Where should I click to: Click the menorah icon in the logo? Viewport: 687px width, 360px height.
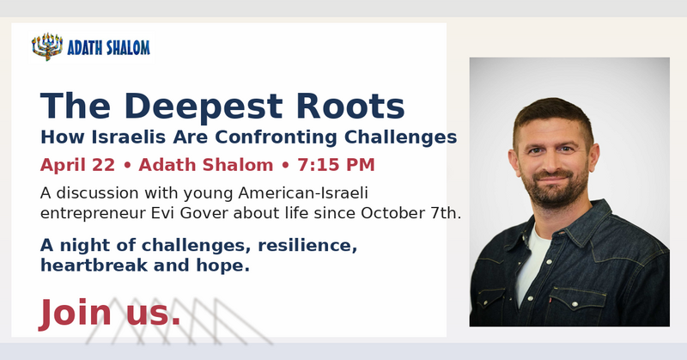(47, 46)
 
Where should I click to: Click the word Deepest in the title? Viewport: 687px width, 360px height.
(204, 107)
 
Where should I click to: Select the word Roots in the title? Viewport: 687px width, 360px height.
(350, 107)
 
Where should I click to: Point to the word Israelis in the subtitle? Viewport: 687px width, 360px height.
(128, 137)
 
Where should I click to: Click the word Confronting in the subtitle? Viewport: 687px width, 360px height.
(276, 137)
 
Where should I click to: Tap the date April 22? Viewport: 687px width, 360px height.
(77, 165)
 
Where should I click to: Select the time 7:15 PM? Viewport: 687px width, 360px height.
(336, 165)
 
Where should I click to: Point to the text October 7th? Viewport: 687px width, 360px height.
(410, 213)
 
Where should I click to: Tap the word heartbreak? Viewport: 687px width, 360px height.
(94, 265)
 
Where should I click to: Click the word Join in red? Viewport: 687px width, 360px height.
(75, 313)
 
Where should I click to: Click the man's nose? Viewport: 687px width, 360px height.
(550, 163)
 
